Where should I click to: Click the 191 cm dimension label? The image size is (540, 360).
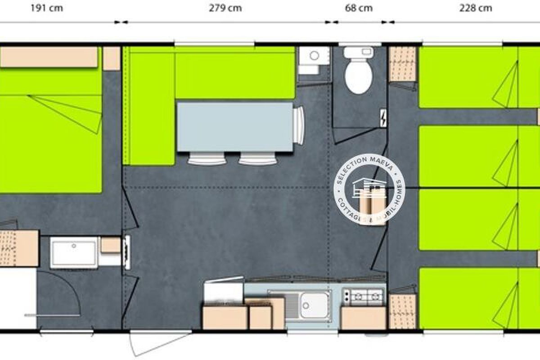(x=47, y=8)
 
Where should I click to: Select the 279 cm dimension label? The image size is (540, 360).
(x=225, y=8)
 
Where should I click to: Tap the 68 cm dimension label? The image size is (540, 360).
(x=359, y=8)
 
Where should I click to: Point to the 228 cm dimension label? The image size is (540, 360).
(x=476, y=8)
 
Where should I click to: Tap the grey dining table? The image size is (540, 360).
(x=235, y=127)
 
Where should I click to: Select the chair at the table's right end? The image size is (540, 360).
(x=298, y=126)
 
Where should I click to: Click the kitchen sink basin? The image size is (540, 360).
(x=314, y=305)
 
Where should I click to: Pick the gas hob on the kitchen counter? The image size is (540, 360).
(x=363, y=297)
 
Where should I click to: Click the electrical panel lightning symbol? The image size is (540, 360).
(x=383, y=117)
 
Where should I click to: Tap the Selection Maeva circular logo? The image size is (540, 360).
(x=369, y=189)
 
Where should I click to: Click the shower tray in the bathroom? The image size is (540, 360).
(x=74, y=252)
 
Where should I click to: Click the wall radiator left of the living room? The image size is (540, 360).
(x=127, y=252)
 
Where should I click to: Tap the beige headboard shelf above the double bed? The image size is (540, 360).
(x=49, y=57)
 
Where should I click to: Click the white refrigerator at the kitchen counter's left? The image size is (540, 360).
(x=223, y=291)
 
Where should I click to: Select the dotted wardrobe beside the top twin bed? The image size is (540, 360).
(x=402, y=64)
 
